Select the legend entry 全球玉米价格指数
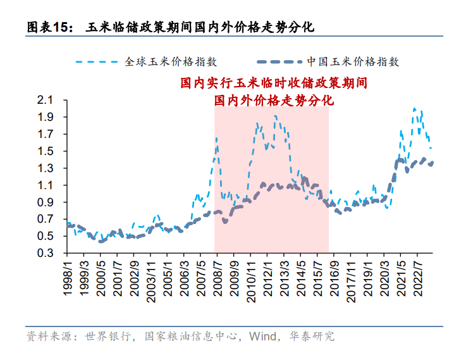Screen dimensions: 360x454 (x=171, y=61)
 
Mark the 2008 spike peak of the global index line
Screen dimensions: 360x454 (x=216, y=137)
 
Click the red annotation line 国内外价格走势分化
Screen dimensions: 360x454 (x=273, y=100)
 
